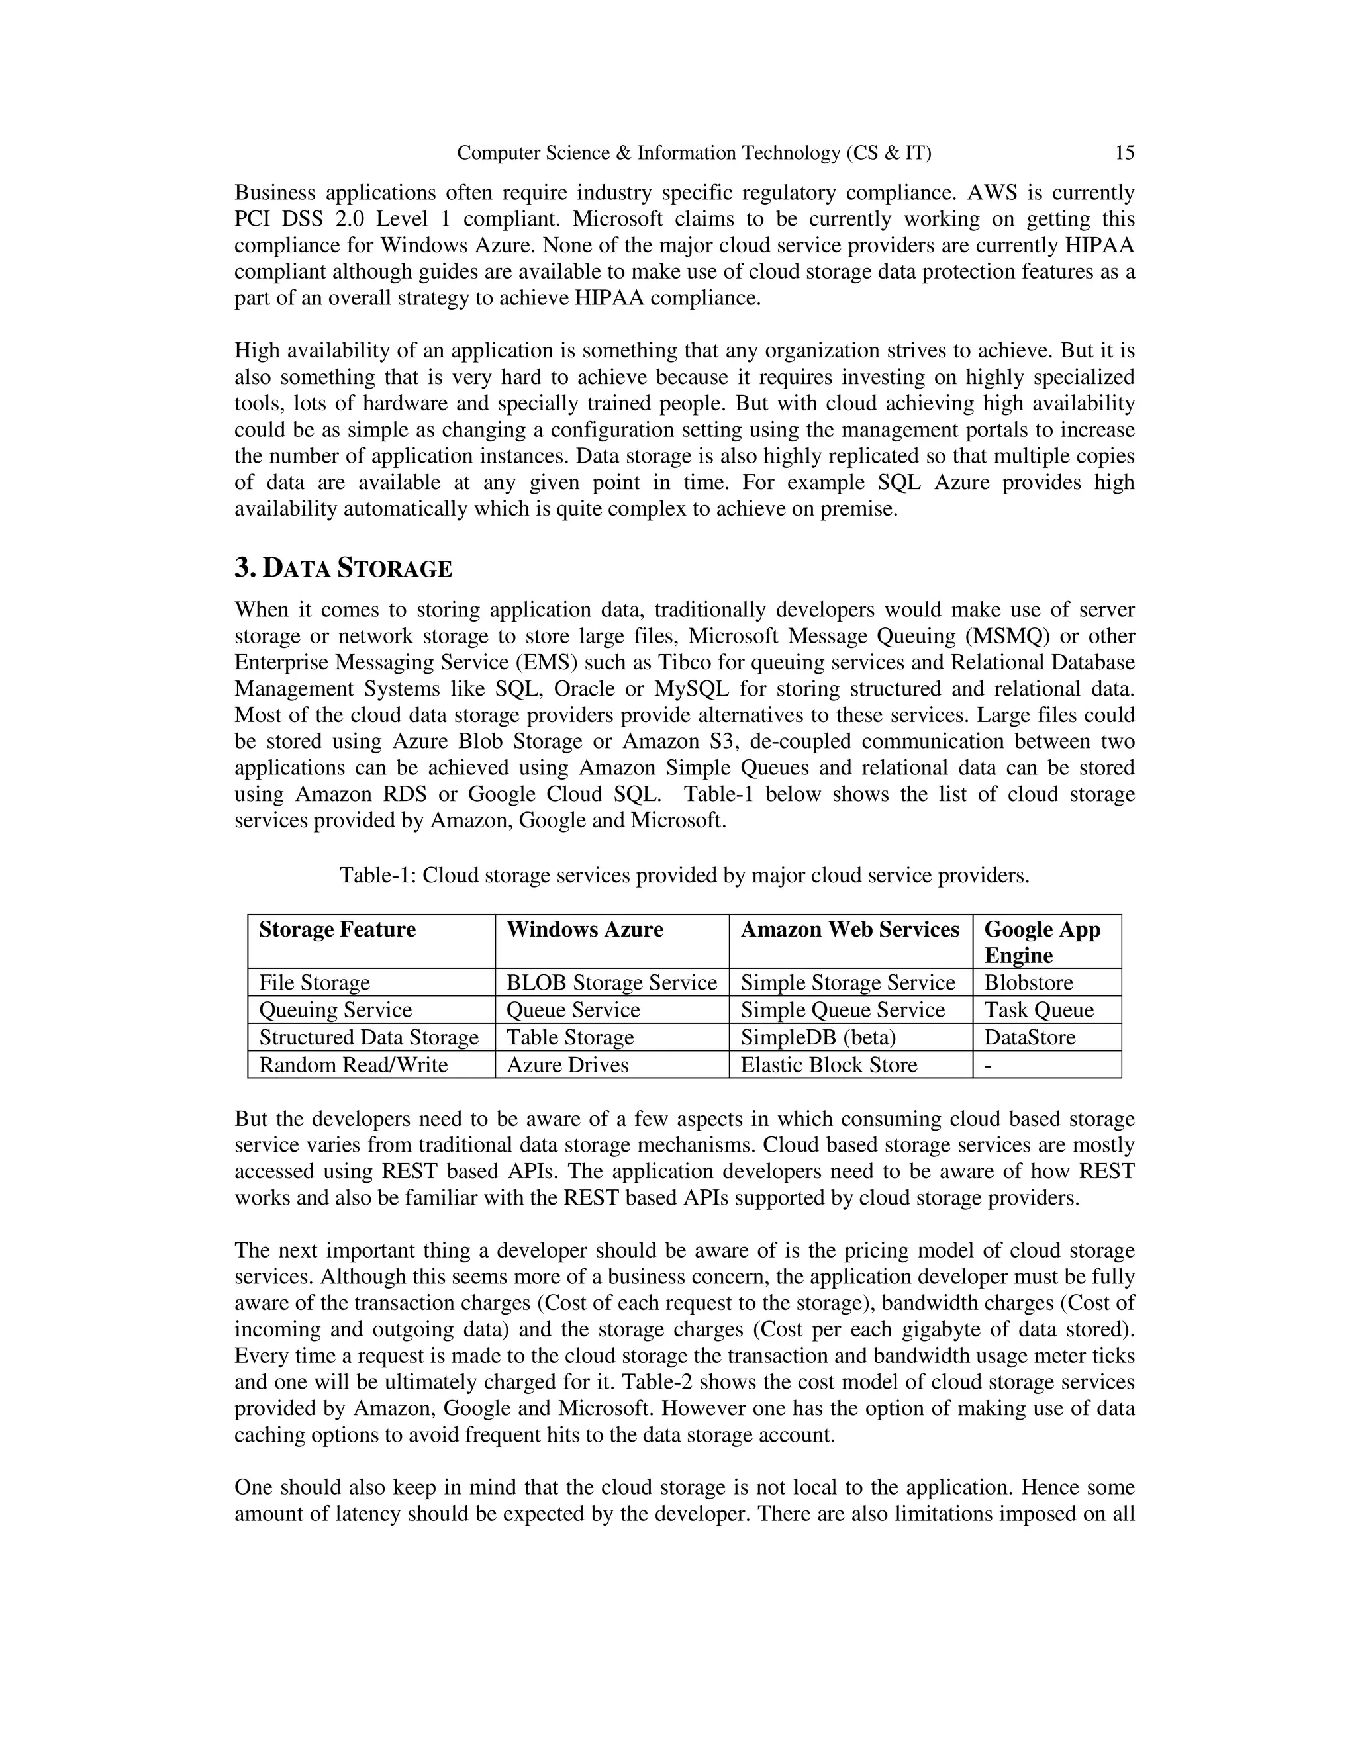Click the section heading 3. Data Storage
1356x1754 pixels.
click(343, 568)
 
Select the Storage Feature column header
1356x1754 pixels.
click(338, 929)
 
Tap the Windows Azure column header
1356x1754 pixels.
click(584, 929)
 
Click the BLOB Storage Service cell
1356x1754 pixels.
click(610, 982)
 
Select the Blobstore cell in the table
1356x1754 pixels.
click(1028, 982)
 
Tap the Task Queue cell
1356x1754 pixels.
click(1038, 1009)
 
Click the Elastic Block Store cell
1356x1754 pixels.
click(828, 1064)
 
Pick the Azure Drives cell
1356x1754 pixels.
click(567, 1064)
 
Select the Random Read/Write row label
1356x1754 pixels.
click(354, 1064)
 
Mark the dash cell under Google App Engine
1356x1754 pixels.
click(988, 1064)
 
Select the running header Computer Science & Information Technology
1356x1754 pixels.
click(693, 153)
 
